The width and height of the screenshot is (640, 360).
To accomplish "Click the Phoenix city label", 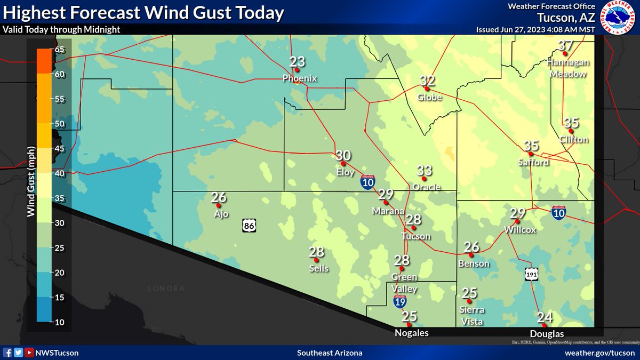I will pyautogui.click(x=300, y=79).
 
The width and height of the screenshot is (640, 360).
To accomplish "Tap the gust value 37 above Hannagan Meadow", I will pyautogui.click(x=565, y=46).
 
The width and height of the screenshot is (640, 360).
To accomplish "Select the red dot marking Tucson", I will pyautogui.click(x=413, y=228).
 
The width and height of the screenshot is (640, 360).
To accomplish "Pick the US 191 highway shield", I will pyautogui.click(x=531, y=273).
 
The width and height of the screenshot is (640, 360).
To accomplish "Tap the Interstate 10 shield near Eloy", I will pyautogui.click(x=367, y=182).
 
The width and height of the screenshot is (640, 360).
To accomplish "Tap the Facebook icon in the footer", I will pyautogui.click(x=9, y=353).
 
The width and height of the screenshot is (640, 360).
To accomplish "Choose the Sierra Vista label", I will pyautogui.click(x=471, y=316).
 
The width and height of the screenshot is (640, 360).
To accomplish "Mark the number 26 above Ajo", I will pyautogui.click(x=219, y=197).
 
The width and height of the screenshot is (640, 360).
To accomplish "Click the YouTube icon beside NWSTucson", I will pyautogui.click(x=29, y=353).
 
